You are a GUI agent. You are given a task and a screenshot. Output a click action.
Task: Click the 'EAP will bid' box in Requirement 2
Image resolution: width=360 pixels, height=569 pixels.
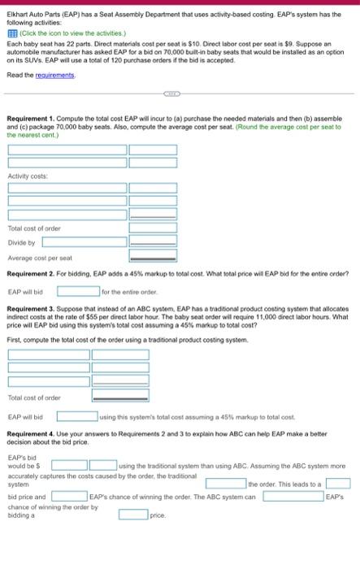pyautogui.click(x=77, y=290)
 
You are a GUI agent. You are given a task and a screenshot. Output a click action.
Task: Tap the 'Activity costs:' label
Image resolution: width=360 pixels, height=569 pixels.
pyautogui.click(x=28, y=175)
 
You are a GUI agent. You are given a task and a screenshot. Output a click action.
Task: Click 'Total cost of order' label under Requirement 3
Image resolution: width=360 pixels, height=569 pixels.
pyautogui.click(x=34, y=397)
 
